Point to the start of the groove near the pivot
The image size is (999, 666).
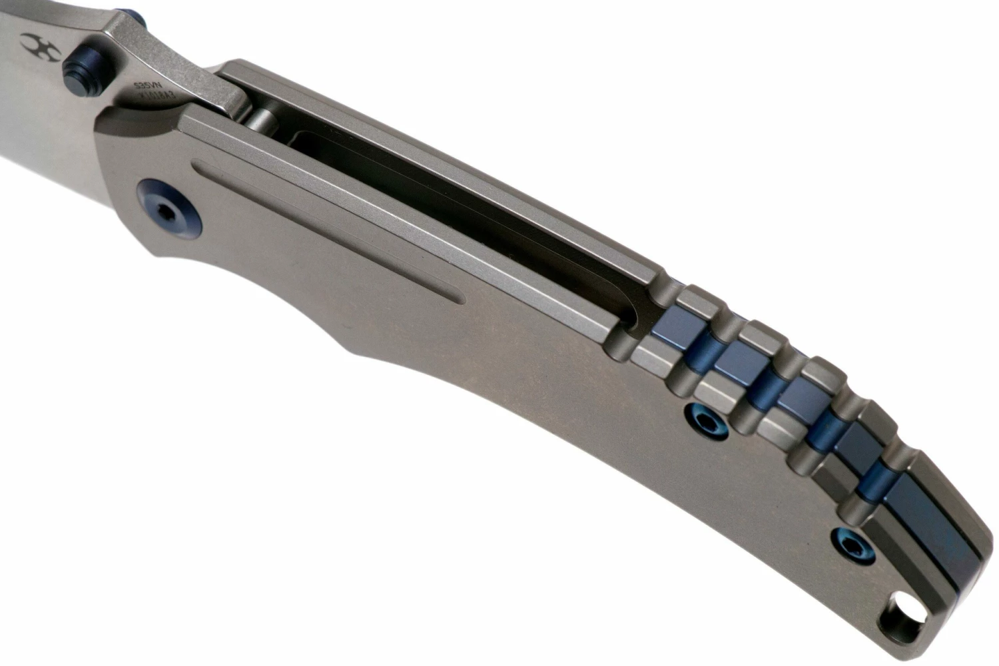[197, 162]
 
